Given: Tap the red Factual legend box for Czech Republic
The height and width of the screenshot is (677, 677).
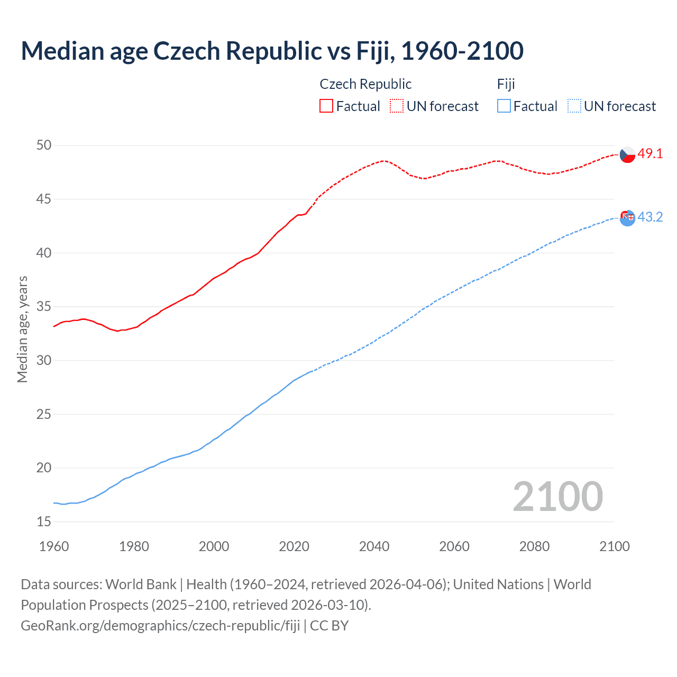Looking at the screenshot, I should pos(326,106).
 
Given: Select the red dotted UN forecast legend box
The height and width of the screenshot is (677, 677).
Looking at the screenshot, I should pos(397,106).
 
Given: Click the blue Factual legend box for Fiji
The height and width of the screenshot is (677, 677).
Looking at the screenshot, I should pos(504,106).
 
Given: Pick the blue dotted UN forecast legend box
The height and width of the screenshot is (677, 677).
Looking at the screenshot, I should pos(574,106).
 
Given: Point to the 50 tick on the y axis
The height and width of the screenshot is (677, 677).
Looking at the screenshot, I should pos(44,145).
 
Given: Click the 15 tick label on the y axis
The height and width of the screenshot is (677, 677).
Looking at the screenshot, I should pos(44,522).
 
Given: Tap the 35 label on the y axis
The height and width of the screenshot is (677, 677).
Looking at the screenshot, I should pos(44,307).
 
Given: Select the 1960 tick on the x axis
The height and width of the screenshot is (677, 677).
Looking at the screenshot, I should pos(54,546).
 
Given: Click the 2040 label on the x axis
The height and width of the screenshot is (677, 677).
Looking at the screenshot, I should pos(374,546).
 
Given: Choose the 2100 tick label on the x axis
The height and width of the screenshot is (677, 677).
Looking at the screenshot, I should pos(614,546).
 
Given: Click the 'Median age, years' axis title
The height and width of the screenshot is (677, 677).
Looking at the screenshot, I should pos(22,329).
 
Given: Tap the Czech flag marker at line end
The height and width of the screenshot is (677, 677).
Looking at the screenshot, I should pos(627,154).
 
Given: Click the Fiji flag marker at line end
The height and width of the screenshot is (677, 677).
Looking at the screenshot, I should pos(627,217).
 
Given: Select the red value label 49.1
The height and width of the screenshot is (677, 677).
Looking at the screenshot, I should pos(650,154).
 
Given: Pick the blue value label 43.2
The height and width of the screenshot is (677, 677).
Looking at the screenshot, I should pos(650,217).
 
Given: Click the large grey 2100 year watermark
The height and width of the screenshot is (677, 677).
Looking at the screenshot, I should pos(557,496).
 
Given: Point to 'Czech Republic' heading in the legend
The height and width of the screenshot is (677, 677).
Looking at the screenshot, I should pos(365,84).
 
